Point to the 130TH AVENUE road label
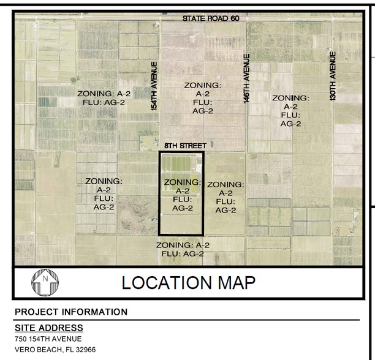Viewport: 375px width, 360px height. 333,76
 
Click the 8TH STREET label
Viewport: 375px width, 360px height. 186,146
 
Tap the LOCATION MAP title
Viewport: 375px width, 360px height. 188,282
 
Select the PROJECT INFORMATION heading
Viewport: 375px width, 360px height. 71,312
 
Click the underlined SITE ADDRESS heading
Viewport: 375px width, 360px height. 49,328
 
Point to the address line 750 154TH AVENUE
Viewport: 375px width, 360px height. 48,339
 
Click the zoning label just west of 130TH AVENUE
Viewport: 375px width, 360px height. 290,110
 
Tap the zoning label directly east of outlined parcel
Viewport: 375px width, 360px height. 225,197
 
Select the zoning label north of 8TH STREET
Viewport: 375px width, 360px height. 203,99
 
